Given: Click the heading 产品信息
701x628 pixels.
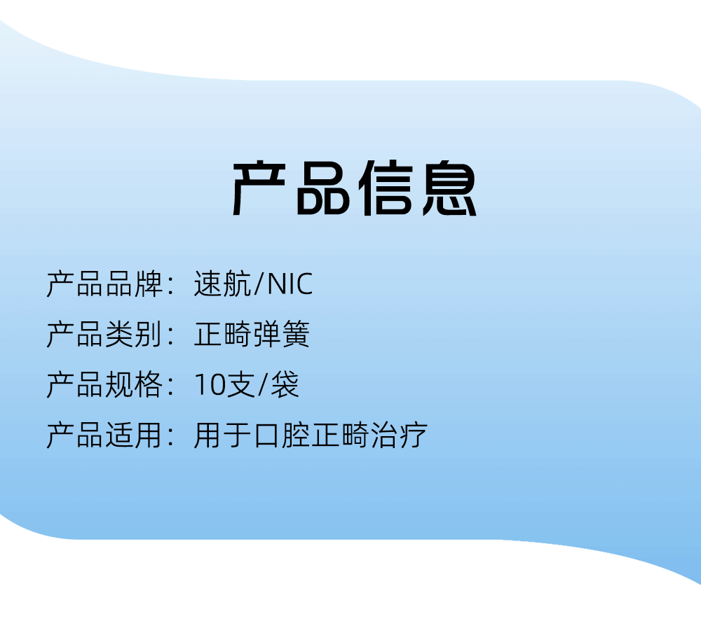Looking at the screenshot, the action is point(354,188).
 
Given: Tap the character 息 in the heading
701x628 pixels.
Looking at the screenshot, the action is point(449,188).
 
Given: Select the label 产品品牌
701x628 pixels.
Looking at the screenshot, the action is point(104,284).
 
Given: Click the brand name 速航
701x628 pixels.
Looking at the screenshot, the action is point(222,284).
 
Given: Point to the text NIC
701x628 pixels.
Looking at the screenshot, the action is point(290,284).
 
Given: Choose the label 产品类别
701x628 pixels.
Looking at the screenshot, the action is point(104,334).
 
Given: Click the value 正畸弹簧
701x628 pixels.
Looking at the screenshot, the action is point(252,334).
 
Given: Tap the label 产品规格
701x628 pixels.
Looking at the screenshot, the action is point(104,384).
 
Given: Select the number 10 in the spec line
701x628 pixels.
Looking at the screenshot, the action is point(210,384).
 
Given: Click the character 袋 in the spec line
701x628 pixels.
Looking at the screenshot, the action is point(285,384).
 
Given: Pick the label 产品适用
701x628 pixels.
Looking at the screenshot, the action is point(104,435).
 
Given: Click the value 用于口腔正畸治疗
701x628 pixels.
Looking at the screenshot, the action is point(311,435).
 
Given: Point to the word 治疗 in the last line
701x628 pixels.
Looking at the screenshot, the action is point(399,435).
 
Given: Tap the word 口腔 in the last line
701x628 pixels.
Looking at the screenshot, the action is point(281,435).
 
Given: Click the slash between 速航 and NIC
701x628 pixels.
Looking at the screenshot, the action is point(259,284).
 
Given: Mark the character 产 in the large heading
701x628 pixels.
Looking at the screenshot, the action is point(259,188).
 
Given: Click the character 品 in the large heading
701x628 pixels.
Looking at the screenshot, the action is point(322,188).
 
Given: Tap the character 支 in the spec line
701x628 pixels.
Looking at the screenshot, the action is point(240,384).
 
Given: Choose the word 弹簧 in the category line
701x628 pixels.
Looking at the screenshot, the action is point(281,334).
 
